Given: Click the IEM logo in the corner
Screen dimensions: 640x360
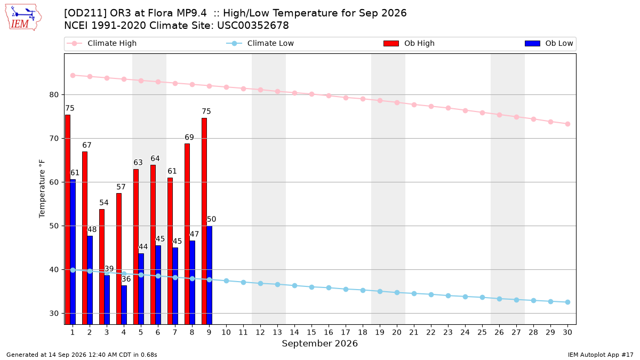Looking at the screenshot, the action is tap(23, 18).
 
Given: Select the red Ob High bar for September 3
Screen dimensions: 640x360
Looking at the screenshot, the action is tap(102, 267).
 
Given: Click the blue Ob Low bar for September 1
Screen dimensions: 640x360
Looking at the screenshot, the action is tap(73, 252).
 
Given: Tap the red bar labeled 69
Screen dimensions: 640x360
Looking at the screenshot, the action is tap(187, 234).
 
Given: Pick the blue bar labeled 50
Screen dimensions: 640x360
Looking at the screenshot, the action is tap(210, 275).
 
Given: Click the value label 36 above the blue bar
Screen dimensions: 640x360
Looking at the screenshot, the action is tap(126, 279).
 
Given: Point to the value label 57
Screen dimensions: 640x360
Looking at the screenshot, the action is tap(121, 187).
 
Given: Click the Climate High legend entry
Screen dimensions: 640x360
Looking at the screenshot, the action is tap(101, 43).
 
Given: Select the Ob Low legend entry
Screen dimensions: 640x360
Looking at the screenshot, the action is tap(549, 43).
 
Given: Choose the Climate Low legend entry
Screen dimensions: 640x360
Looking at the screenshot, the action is tap(260, 43).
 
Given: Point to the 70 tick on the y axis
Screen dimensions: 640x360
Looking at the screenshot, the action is tap(54, 139).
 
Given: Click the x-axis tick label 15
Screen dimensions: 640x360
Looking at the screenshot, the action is tap(311, 332).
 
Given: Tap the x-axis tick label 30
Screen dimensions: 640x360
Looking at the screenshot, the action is tap(567, 332).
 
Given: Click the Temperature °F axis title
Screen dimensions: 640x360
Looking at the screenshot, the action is tap(42, 189).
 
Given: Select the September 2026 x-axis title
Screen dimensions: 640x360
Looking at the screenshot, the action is tap(319, 343).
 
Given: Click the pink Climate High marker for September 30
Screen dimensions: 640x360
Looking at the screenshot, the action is tap(567, 124).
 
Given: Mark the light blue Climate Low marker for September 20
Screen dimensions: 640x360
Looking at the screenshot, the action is tap(397, 293).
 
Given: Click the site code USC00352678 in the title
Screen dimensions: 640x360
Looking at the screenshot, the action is tap(253, 26).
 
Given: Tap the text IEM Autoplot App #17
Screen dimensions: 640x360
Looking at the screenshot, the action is tap(601, 355).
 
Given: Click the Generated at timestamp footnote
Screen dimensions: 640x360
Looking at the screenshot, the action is tap(82, 355).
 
